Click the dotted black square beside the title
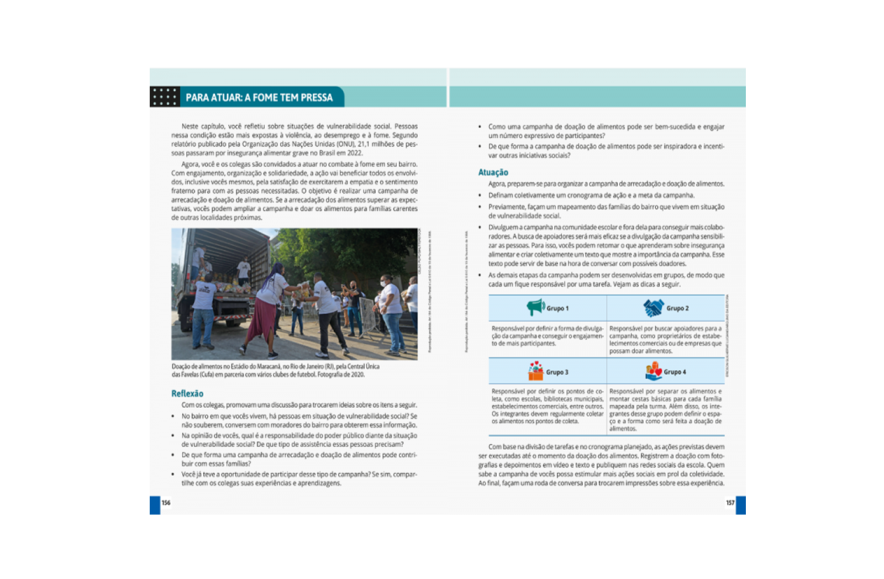165,97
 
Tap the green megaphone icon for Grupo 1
535,307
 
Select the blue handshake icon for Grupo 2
653,308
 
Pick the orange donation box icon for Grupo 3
535,371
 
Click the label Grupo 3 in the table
557,372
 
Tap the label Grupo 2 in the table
677,308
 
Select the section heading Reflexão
187,393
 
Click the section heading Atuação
493,172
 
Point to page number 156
166,503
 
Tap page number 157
730,503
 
